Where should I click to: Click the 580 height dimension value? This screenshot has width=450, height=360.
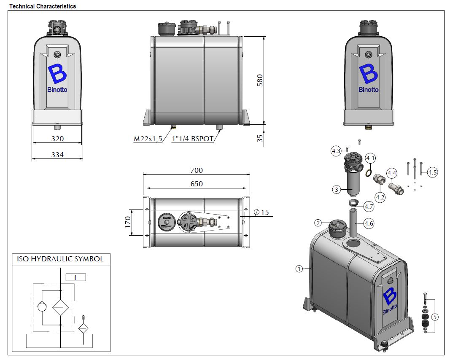(260, 80)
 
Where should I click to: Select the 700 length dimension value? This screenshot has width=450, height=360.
(197, 170)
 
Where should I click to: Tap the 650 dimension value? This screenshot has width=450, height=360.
(197, 184)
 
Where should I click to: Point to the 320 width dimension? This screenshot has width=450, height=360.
(57, 139)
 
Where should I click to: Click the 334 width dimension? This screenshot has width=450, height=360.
(57, 155)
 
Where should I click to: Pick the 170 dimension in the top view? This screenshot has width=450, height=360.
(128, 222)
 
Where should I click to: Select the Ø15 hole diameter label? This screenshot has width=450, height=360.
(262, 212)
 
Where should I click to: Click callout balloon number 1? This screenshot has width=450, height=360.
(299, 269)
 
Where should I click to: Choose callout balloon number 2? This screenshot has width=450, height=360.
(318, 223)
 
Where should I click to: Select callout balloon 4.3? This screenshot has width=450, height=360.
(336, 151)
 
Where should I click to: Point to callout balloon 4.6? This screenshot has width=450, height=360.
(369, 223)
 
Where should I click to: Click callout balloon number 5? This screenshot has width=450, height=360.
(435, 317)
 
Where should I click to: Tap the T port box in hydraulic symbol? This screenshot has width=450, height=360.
(76, 277)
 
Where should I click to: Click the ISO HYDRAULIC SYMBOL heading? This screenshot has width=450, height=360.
(60, 259)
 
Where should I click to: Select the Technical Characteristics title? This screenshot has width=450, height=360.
(43, 6)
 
